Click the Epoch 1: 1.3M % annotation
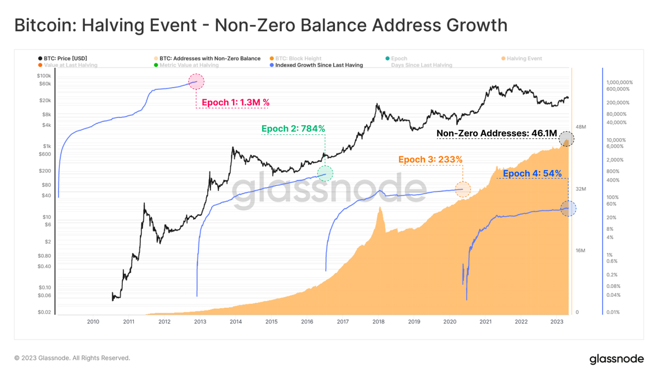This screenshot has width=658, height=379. point(235,103)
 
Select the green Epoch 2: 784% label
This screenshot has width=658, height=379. point(293,129)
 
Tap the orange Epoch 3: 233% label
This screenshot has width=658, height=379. point(430,160)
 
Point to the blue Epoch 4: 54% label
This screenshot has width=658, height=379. point(532,174)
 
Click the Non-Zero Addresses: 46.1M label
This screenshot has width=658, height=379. point(497,133)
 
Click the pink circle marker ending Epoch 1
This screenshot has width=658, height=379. point(196,82)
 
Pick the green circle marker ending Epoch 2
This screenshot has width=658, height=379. point(325,174)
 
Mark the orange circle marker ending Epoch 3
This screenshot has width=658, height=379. point(463,189)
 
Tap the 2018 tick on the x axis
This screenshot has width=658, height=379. point(378,322)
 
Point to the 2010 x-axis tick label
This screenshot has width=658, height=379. point(93,322)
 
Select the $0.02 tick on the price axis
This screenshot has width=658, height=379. point(44,313)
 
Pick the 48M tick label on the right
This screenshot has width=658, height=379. point(581,127)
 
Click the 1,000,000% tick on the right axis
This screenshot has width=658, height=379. point(619,82)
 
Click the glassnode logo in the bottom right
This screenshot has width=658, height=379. point(616,359)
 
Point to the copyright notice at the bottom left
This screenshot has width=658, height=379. point(72,358)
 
